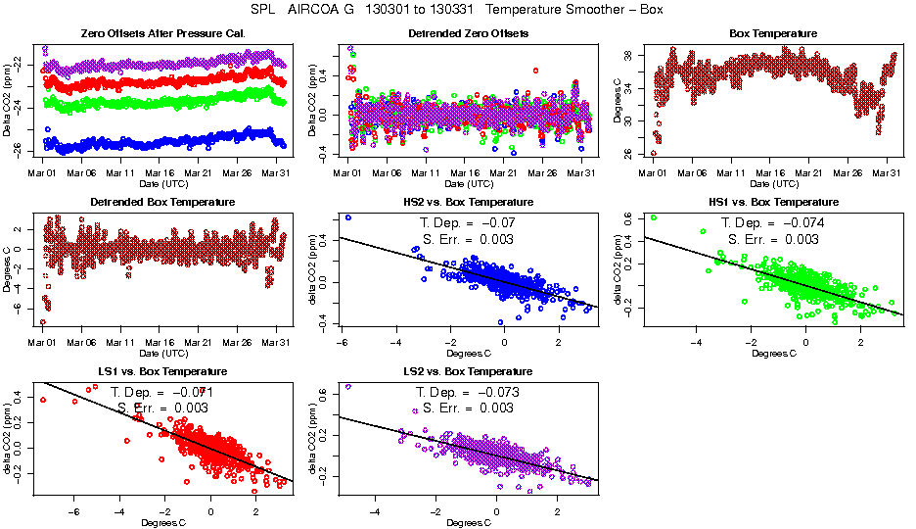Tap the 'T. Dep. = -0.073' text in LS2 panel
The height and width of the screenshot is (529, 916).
pyautogui.click(x=468, y=392)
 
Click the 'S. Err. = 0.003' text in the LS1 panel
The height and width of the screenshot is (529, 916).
pyautogui.click(x=162, y=407)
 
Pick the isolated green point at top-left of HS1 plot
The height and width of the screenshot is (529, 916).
pyautogui.click(x=653, y=217)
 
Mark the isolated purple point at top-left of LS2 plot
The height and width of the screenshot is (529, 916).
pyautogui.click(x=348, y=387)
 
